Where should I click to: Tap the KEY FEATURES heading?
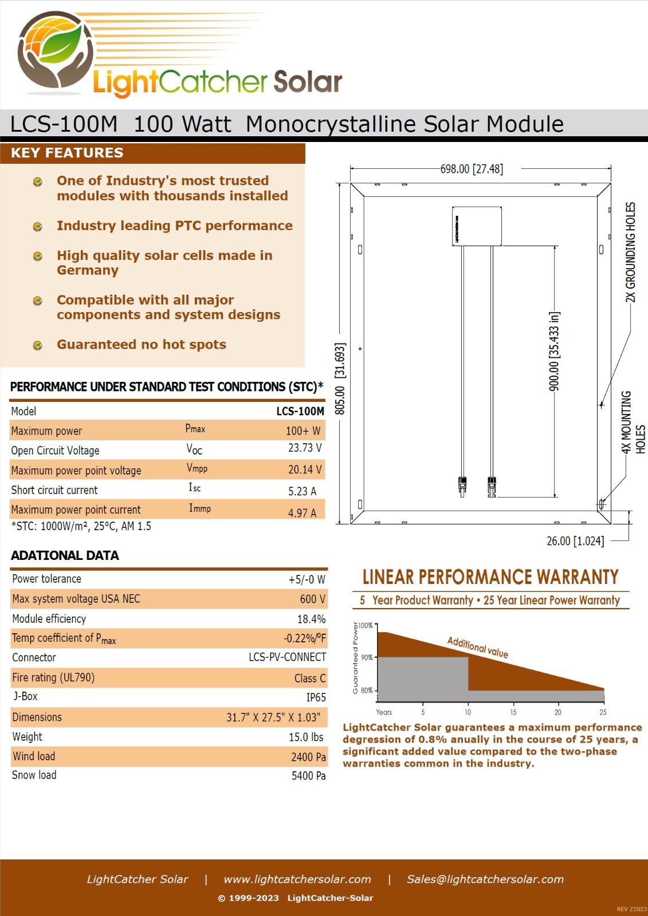point(67,152)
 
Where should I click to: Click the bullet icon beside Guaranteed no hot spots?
point(37,346)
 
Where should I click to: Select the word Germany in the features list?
point(88,270)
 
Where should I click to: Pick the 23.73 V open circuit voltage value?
point(305,448)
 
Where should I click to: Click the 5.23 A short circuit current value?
point(303,491)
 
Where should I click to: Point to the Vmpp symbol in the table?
point(197,468)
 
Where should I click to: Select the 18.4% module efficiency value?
point(312,619)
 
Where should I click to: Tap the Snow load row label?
point(34,775)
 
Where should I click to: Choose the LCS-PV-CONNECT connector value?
point(288,657)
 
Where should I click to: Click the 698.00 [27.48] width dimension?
point(472,169)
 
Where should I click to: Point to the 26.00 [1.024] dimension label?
point(575,541)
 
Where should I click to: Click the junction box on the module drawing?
point(477,226)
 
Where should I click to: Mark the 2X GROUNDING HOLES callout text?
point(630,252)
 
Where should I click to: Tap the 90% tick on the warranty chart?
point(367,658)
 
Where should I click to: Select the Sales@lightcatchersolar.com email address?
point(485,879)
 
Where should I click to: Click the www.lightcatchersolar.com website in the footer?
point(297,879)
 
